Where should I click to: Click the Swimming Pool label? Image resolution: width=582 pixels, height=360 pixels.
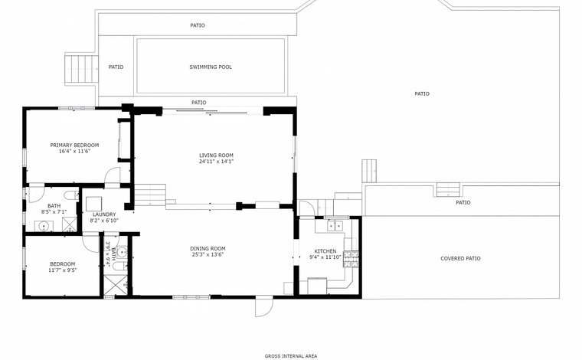click(x=211, y=67)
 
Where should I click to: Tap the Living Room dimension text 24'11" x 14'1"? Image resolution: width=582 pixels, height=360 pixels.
click(x=217, y=162)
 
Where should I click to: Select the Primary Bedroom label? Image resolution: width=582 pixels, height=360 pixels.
click(x=74, y=145)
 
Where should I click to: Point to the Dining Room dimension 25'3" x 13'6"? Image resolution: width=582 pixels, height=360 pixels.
click(x=208, y=254)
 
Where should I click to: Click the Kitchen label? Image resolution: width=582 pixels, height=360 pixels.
click(x=325, y=251)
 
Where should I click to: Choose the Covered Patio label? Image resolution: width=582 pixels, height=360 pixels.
click(x=460, y=259)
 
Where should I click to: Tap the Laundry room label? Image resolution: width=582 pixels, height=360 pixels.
click(x=104, y=214)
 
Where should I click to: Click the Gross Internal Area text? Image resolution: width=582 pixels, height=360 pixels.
click(x=291, y=356)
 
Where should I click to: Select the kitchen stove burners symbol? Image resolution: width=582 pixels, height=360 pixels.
click(x=351, y=260)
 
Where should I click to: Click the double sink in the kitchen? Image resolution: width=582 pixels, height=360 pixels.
click(x=335, y=225)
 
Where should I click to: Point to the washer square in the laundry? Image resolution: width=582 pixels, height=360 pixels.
click(x=94, y=204)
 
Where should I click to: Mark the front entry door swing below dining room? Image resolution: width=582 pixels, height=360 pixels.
click(x=264, y=306)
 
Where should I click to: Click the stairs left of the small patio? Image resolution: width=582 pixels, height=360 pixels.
click(x=81, y=69)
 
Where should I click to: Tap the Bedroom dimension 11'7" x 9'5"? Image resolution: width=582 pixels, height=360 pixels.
click(x=63, y=270)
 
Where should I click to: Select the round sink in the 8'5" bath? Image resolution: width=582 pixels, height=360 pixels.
click(x=44, y=226)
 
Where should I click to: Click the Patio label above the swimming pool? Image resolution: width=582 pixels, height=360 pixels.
click(x=198, y=25)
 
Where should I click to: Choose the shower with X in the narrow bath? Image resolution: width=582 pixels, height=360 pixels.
click(x=115, y=285)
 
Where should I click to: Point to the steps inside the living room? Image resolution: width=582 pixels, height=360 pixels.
click(x=149, y=195)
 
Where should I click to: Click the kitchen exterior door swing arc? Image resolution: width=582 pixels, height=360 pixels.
click(x=308, y=207)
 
